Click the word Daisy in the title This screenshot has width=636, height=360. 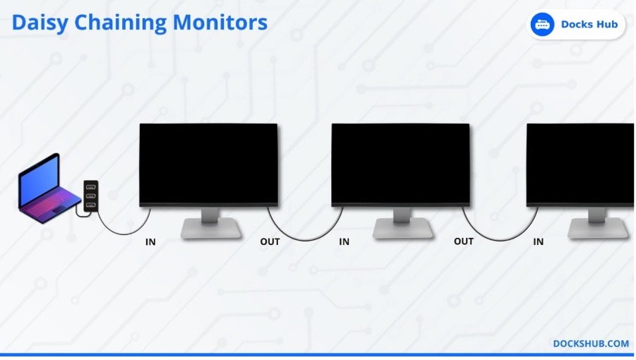(x=40, y=23)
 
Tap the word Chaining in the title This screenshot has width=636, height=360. (x=120, y=23)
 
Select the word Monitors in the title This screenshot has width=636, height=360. (x=220, y=23)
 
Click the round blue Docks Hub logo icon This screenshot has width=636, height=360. (x=542, y=25)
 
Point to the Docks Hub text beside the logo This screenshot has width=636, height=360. (x=589, y=24)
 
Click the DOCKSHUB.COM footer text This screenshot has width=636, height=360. (x=591, y=343)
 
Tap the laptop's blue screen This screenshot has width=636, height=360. (x=40, y=180)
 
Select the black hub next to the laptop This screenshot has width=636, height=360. (x=91, y=196)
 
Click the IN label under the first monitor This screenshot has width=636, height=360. (x=150, y=242)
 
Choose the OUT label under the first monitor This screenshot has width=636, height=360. (x=270, y=242)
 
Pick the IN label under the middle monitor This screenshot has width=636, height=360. (x=344, y=241)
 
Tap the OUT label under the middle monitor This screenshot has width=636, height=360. (x=464, y=241)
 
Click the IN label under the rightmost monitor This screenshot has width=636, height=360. (x=539, y=241)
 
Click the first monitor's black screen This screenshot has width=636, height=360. (x=208, y=163)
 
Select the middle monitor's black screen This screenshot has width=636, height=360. (x=401, y=163)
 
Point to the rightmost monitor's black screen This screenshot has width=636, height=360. (x=580, y=163)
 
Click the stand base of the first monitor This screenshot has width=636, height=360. (x=211, y=228)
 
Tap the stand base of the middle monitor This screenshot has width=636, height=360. (x=403, y=228)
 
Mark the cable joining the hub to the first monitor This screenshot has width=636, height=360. (x=123, y=234)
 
